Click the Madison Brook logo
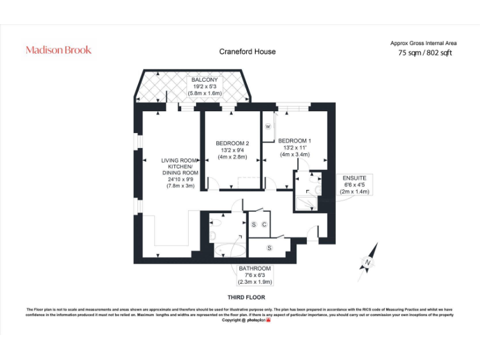click(58, 50)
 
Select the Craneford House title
click(247, 52)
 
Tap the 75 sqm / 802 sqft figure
click(425, 53)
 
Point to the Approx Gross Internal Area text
click(423, 43)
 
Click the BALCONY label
click(205, 80)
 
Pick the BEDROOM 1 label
click(294, 141)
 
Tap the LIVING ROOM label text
click(180, 161)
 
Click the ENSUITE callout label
click(354, 178)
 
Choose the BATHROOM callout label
click(255, 269)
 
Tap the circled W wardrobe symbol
click(268, 126)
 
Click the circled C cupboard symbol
click(264, 224)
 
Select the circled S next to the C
click(254, 224)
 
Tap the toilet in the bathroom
click(214, 235)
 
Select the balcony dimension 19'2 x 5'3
click(205, 86)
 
